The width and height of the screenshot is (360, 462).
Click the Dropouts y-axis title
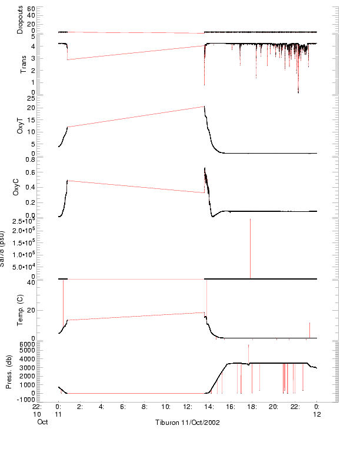click(20, 20)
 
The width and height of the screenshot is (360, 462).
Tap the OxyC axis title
click(20, 187)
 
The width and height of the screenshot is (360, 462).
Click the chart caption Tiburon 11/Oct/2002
click(188, 423)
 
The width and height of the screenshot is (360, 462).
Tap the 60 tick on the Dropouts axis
click(31, 9)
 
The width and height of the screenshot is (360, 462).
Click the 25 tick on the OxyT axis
click(31, 98)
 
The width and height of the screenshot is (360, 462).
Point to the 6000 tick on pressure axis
click(27, 343)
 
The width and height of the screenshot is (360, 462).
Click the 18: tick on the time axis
click(252, 406)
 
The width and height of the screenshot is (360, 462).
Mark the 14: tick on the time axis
click(209, 406)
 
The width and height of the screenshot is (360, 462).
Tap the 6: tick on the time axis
click(122, 406)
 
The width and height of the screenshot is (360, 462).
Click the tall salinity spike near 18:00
click(250, 247)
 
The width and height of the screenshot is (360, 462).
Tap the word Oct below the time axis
click(42, 423)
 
